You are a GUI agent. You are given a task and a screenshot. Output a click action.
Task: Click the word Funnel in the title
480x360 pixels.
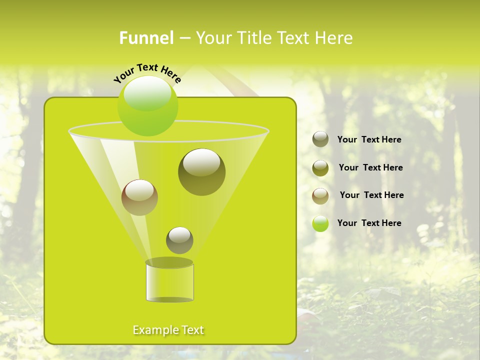pyautogui.click(x=146, y=37)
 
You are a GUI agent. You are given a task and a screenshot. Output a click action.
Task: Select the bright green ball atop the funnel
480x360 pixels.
pyautogui.click(x=147, y=106)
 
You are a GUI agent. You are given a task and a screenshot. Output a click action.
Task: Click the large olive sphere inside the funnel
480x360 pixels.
pyautogui.click(x=201, y=171)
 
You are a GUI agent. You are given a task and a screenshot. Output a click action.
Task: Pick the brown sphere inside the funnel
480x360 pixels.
pyautogui.click(x=139, y=197)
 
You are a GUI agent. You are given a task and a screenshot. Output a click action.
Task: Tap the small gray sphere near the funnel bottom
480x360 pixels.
pyautogui.click(x=179, y=240)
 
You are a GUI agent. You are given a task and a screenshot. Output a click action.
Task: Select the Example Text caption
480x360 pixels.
pyautogui.click(x=168, y=330)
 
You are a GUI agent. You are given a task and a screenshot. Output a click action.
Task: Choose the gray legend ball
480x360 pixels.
pyautogui.click(x=320, y=139)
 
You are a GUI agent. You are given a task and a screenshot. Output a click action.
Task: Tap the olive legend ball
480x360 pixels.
pyautogui.click(x=320, y=168)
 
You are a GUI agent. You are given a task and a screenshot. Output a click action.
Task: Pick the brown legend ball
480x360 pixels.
pyautogui.click(x=320, y=196)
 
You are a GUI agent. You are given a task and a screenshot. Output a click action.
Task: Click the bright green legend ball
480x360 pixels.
pyautogui.click(x=320, y=223)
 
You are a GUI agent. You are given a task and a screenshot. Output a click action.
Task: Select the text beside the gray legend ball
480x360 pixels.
pyautogui.click(x=369, y=139)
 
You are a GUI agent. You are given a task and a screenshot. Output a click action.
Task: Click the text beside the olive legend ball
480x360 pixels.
pyautogui.click(x=370, y=167)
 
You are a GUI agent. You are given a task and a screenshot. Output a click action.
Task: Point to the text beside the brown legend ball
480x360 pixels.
pyautogui.click(x=371, y=195)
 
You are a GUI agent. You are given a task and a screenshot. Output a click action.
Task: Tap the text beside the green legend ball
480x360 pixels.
pyautogui.click(x=369, y=223)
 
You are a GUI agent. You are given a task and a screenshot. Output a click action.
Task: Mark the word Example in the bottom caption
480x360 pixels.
pyautogui.click(x=155, y=330)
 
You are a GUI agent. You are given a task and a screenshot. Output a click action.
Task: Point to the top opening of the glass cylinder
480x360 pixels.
pyautogui.click(x=169, y=262)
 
